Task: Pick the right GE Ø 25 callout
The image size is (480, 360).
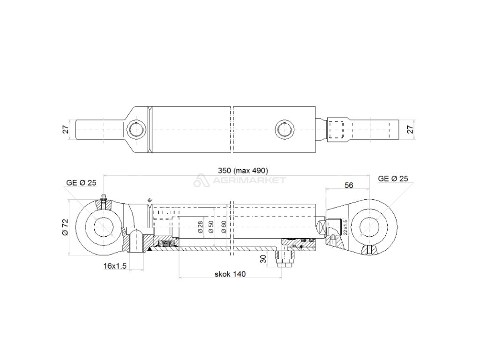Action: coord(393,178)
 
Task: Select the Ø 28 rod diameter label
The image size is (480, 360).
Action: coord(200,227)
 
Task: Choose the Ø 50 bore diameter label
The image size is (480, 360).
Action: coord(211,227)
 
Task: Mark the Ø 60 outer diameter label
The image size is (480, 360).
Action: coord(224,227)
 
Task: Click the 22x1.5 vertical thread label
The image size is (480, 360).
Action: coord(345,227)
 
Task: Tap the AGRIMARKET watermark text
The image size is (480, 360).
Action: coord(248,180)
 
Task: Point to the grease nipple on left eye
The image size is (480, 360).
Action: coord(104,198)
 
